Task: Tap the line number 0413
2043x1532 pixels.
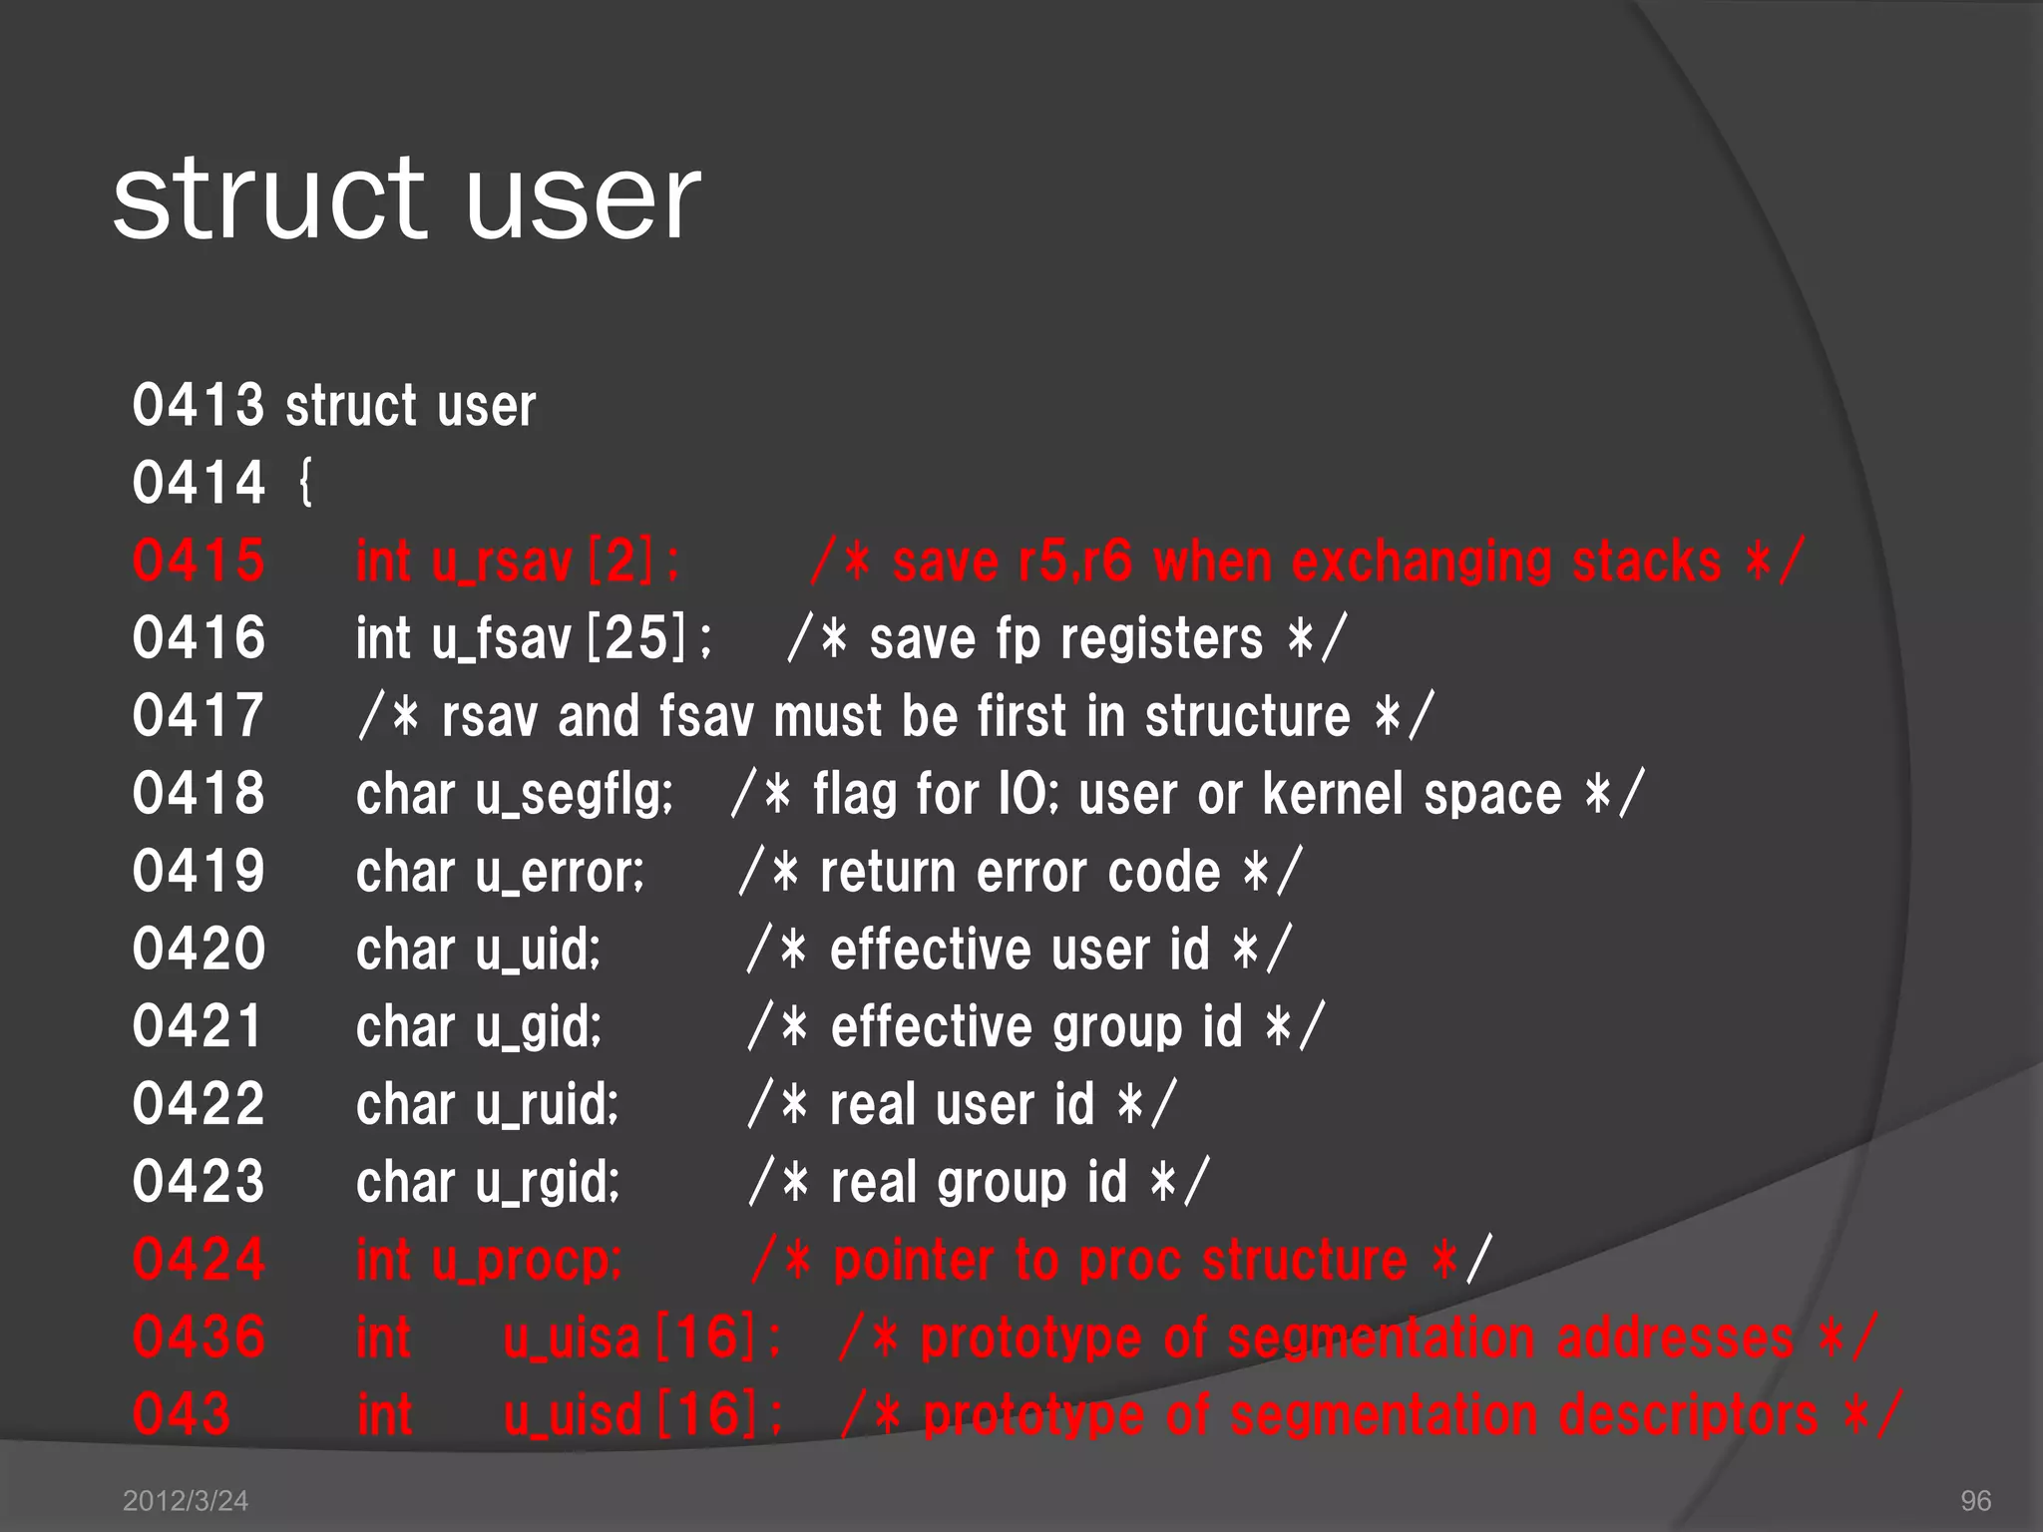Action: tap(198, 405)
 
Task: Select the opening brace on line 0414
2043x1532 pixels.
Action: tap(305, 484)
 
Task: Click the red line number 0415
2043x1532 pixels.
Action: tap(199, 561)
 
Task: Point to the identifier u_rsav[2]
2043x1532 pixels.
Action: tap(555, 561)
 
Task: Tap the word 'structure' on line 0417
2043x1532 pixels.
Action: tap(1247, 716)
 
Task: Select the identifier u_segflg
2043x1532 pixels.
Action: tap(575, 795)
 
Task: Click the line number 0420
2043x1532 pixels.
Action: tap(199, 949)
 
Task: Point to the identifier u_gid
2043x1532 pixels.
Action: tap(539, 1026)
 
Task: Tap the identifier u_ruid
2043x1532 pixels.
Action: tap(547, 1104)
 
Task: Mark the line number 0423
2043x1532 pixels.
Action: tap(199, 1182)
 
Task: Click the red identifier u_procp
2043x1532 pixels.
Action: tap(527, 1260)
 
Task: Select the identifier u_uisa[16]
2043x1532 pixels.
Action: tap(642, 1338)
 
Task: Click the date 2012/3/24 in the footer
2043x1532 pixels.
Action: tap(185, 1500)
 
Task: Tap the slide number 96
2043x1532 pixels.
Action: tap(1975, 1500)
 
